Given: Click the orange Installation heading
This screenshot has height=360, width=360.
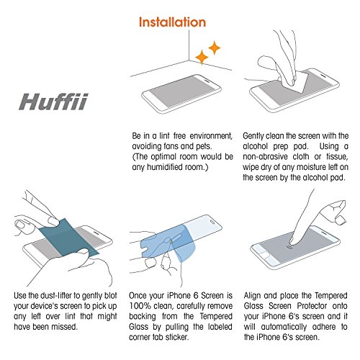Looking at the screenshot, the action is tap(172, 22).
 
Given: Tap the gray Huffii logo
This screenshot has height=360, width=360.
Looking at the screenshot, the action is tap(53, 102).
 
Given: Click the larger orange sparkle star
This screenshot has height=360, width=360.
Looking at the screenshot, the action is tap(202, 58).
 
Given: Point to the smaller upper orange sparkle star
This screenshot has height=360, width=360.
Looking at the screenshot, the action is tap(215, 48).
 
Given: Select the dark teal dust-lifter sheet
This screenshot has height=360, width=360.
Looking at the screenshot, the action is tap(69, 237).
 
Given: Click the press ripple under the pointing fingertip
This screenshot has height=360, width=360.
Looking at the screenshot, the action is tap(291, 246).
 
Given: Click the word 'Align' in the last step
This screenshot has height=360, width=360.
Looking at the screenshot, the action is tap(252, 296).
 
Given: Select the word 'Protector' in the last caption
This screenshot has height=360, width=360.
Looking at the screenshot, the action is tap(312, 306).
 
